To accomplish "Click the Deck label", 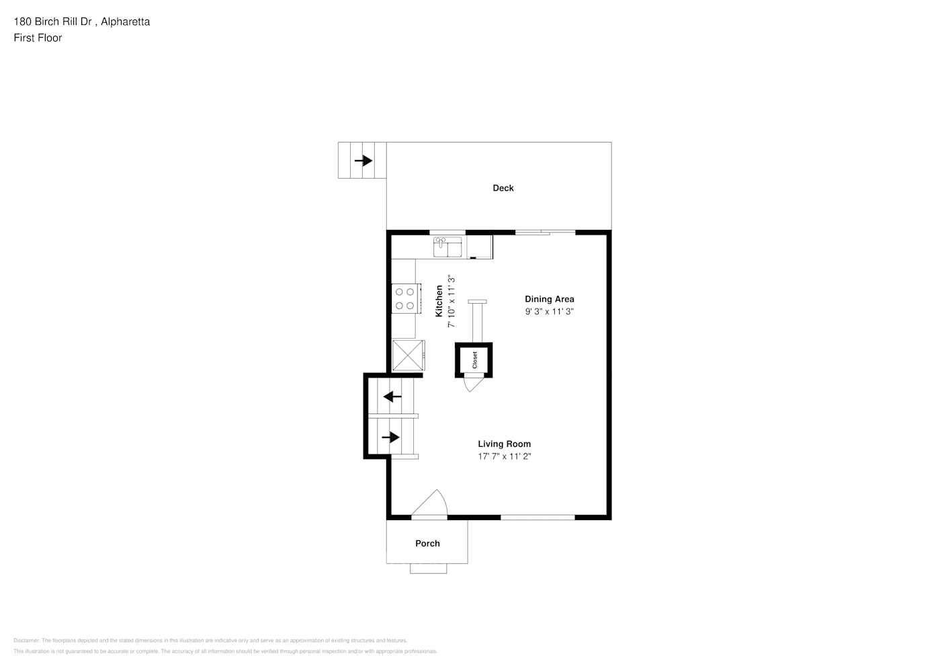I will point(503,188).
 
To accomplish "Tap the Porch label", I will point(427,543).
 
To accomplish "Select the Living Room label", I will point(504,444).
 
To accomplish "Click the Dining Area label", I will point(549,299).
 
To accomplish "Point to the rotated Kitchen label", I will point(439,301).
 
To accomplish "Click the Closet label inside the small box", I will point(474,360).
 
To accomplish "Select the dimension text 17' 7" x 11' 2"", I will point(504,457).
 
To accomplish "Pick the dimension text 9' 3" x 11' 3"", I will point(549,312).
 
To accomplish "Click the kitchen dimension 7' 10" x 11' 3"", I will point(452,301).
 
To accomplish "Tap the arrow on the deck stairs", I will point(363,161).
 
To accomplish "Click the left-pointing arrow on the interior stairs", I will point(392,396).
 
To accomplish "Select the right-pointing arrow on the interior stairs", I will point(391,437).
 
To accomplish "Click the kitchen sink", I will point(447,247).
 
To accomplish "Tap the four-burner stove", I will point(405,298).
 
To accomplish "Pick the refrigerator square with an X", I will point(408,355).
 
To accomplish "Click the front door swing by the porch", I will point(430,505).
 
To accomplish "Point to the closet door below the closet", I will point(474,385).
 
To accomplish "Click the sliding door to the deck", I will point(545,233).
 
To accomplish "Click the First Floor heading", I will point(38,38).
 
